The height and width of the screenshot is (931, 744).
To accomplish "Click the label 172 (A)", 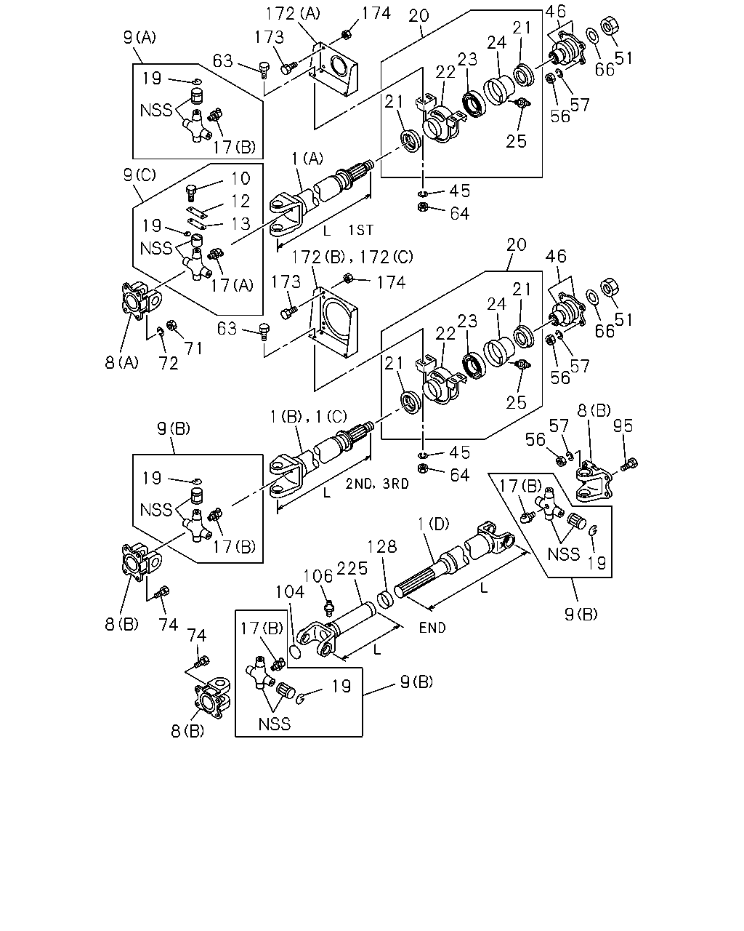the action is coord(293,14).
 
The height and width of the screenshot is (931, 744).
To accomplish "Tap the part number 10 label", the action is coord(240,178).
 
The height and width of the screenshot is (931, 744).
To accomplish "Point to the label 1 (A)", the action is coord(307,159).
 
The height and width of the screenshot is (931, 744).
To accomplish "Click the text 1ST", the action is coord(361,230).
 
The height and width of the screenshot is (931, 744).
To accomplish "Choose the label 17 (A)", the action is coord(232,286).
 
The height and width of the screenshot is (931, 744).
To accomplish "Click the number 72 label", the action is coord(169,364).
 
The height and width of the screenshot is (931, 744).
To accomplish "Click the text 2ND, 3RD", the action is coord(377,484).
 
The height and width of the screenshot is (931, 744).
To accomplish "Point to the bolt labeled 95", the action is coord(629,465).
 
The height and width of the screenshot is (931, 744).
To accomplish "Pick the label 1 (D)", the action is coord(433,524).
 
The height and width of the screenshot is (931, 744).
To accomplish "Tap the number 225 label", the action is coord(352,569).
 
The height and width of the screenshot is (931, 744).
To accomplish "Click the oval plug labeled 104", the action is coord(295,652).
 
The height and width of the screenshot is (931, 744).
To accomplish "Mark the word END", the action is coord(432,628).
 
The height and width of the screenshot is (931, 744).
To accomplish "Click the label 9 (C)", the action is coord(139,175).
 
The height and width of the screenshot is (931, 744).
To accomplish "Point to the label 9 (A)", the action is coord(139,37).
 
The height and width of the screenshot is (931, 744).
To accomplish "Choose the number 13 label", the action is coord(240,224).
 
